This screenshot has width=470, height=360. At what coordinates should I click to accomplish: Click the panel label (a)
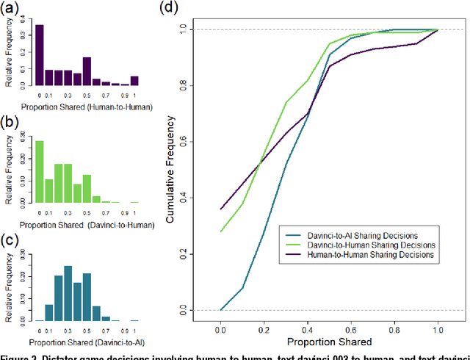tap(12, 10)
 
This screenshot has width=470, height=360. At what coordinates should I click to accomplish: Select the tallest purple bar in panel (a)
tap(39, 55)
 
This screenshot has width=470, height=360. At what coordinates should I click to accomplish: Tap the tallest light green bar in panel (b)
tap(39, 170)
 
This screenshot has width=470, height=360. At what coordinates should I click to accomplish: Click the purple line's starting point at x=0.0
tap(220, 209)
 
